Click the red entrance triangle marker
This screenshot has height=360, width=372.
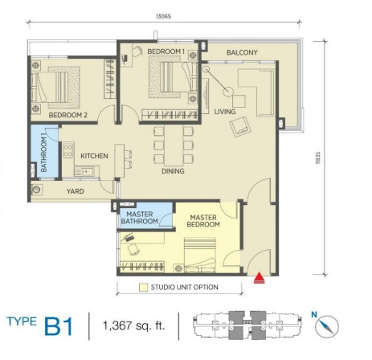click(x=259, y=278)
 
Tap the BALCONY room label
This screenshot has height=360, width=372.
click(x=242, y=52)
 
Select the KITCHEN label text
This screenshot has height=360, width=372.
click(x=94, y=156)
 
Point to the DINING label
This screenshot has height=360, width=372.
click(x=173, y=171)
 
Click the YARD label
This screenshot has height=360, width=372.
click(x=76, y=191)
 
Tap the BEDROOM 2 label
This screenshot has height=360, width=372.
click(x=68, y=115)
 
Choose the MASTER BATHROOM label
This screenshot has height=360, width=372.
click(x=139, y=218)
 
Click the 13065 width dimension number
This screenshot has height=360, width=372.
click(x=163, y=16)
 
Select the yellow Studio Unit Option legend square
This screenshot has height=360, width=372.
click(x=143, y=288)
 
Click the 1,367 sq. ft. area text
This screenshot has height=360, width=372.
click(x=133, y=326)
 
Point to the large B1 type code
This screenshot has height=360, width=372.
click(x=59, y=326)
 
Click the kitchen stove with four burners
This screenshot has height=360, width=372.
click(x=68, y=150)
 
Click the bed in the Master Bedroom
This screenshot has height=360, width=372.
click(x=200, y=255)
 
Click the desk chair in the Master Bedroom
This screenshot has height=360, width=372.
click(x=133, y=250)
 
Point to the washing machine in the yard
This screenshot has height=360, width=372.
click(x=36, y=190)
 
